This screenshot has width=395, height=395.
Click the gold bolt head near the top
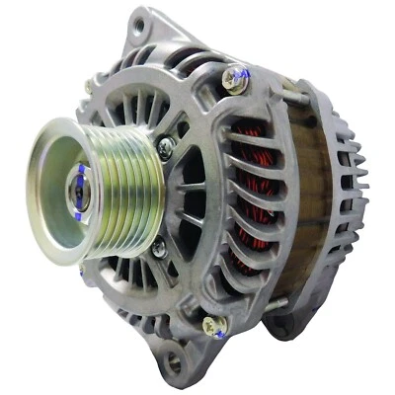point(234,81)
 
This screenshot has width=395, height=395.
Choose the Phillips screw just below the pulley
point(158,249)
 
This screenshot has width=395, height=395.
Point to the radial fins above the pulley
point(138,104)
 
